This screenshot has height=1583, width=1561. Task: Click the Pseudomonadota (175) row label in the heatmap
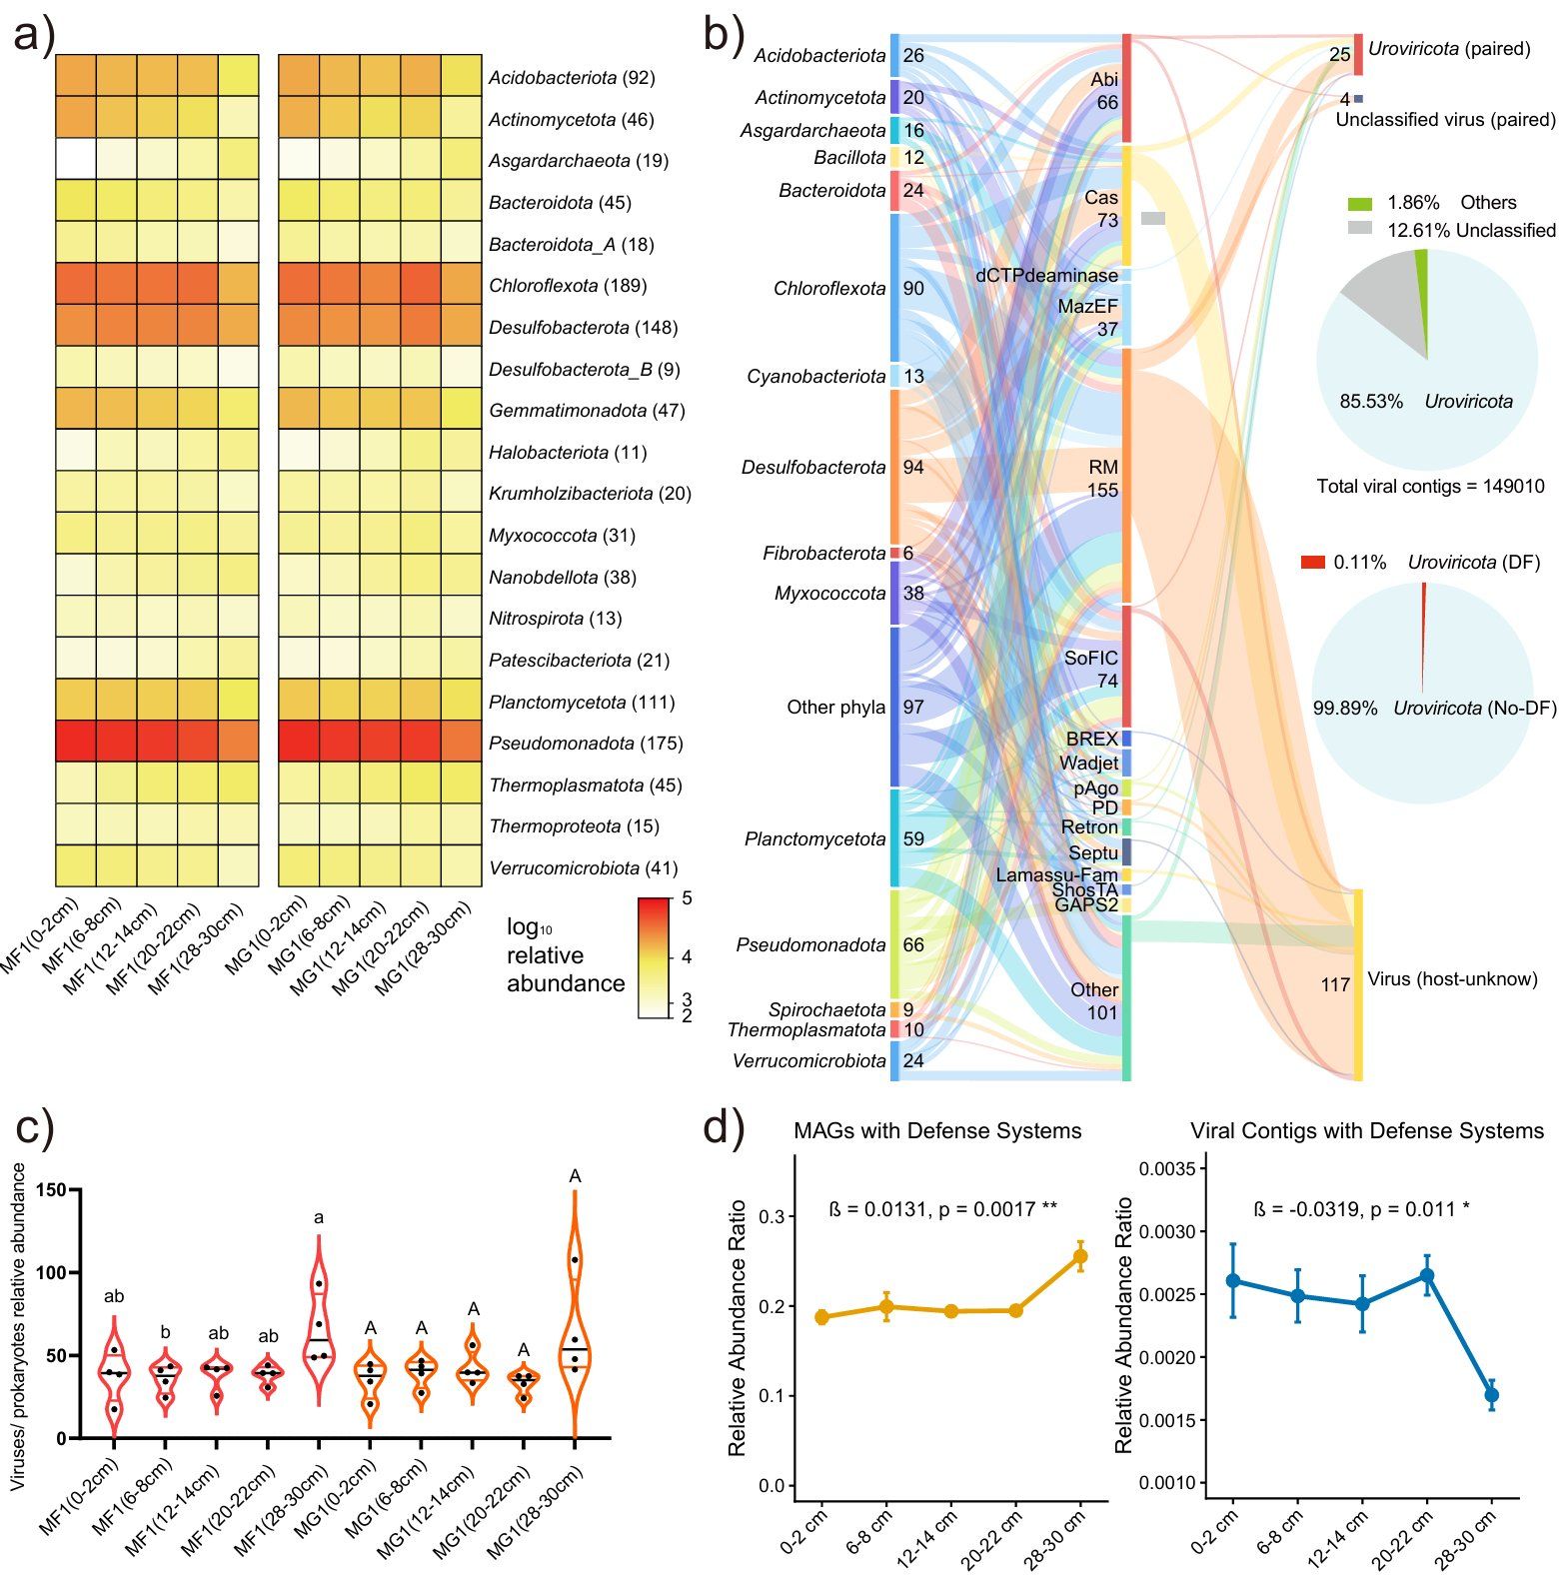(586, 744)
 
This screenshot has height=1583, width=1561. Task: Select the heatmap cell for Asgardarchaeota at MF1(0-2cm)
(76, 159)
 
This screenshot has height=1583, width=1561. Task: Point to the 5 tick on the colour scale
(686, 898)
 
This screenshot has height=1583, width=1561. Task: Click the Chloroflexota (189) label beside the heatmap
(568, 286)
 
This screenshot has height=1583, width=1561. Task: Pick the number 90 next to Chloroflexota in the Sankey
(912, 289)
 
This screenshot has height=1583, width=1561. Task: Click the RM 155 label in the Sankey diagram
(1102, 479)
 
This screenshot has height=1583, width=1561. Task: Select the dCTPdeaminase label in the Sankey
(1046, 275)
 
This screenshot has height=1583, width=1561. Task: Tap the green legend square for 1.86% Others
(1360, 203)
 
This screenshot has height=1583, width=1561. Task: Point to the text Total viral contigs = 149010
(1430, 487)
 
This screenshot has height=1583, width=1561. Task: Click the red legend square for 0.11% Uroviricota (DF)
(1312, 563)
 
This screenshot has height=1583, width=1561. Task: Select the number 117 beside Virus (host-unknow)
(1334, 985)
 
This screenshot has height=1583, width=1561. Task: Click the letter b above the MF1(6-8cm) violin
(166, 1333)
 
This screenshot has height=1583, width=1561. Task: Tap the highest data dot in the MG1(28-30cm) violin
(575, 1259)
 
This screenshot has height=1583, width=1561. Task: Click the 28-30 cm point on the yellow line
(1080, 1256)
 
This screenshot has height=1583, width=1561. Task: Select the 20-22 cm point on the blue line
(1427, 1275)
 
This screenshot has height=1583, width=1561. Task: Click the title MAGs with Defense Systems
(936, 1131)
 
